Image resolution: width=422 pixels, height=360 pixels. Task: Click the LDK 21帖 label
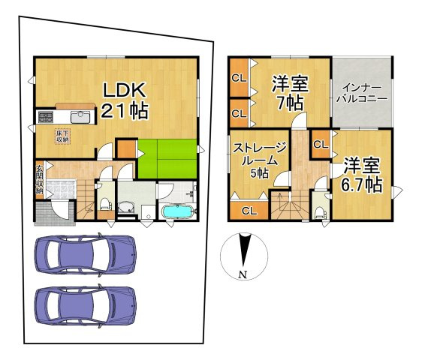tap(125, 100)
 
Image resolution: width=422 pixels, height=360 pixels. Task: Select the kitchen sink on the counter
tap(80, 117)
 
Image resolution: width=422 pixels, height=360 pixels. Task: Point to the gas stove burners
tap(46, 117)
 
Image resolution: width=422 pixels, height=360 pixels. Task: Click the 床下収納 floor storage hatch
tap(63, 136)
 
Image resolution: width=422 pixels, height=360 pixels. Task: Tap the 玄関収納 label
tap(39, 179)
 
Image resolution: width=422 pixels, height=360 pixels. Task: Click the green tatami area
tap(167, 159)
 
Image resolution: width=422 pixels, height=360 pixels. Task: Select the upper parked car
tap(86, 254)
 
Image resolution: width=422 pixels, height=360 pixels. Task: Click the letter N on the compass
tap(243, 274)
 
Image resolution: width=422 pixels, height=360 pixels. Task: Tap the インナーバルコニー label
tap(363, 93)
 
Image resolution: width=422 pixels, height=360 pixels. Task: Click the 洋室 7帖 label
tap(291, 93)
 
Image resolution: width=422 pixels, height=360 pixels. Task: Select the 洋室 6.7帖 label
tap(362, 175)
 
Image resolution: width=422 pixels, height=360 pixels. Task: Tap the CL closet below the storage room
tap(249, 211)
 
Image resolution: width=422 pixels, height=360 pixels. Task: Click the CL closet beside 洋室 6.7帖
tap(321, 145)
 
